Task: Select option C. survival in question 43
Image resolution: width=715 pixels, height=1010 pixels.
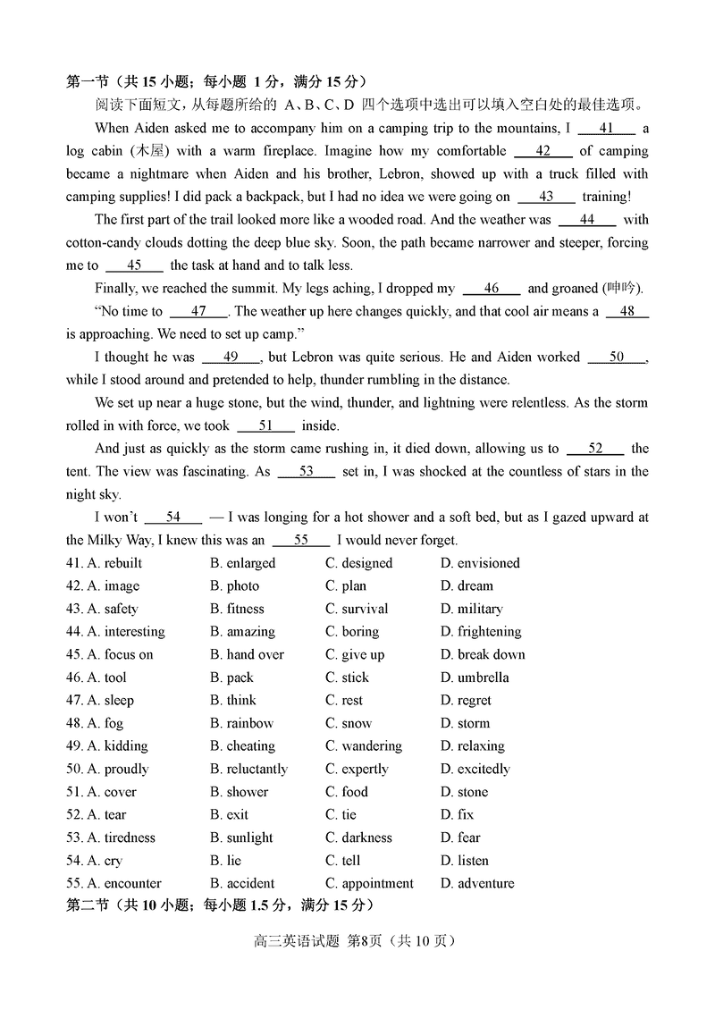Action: [x=356, y=609]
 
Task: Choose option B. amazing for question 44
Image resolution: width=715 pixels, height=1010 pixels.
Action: [x=242, y=632]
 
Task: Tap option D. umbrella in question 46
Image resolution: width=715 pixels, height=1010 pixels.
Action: [x=475, y=678]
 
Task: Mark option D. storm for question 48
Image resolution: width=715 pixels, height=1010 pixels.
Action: [x=465, y=723]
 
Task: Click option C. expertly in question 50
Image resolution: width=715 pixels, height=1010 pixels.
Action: [x=357, y=769]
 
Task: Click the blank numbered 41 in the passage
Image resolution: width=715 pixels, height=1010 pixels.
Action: [x=606, y=128]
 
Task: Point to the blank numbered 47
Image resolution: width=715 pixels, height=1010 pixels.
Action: [x=198, y=312]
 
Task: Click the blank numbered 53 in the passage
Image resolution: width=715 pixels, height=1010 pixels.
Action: [x=306, y=471]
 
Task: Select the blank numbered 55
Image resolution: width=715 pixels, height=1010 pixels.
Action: [x=301, y=540]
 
